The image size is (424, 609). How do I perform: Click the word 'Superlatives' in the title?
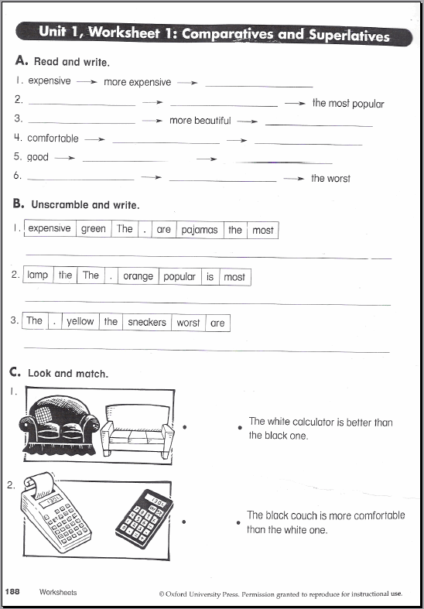click(x=349, y=35)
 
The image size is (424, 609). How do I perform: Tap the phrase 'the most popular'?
click(x=347, y=103)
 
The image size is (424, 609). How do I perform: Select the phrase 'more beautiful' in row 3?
click(x=200, y=121)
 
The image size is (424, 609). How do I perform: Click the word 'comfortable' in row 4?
click(x=53, y=139)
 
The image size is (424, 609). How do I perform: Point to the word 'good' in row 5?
click(x=38, y=157)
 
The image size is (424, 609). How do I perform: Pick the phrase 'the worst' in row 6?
click(x=330, y=178)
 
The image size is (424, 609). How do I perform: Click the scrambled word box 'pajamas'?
click(x=200, y=230)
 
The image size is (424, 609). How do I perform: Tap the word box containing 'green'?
click(x=93, y=229)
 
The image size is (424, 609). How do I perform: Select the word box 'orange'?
click(x=138, y=276)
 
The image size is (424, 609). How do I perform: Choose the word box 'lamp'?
click(x=37, y=275)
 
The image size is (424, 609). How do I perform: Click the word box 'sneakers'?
click(x=147, y=322)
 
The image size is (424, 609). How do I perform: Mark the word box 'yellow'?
click(x=80, y=322)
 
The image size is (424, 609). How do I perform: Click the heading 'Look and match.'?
click(x=67, y=373)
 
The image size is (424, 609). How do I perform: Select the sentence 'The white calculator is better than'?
click(x=320, y=422)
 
